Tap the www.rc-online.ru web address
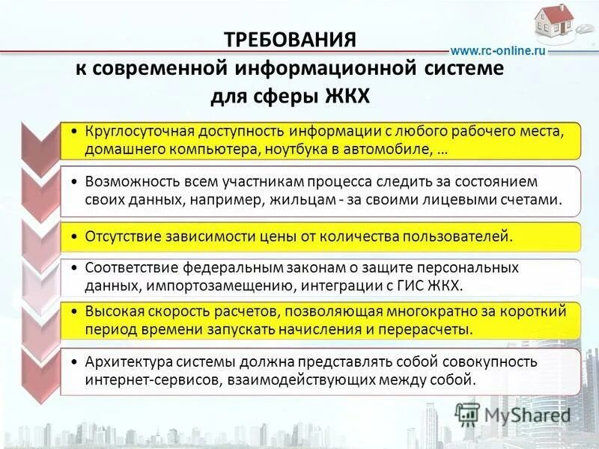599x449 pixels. (x=497, y=50)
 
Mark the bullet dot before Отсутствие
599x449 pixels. (x=77, y=236)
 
